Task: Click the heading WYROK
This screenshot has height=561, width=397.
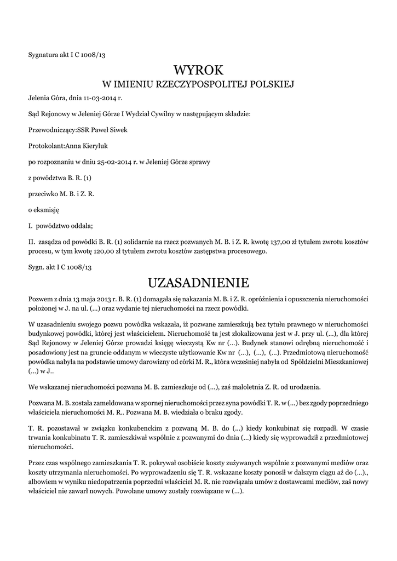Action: [199, 70]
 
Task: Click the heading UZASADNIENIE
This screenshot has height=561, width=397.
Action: [199, 283]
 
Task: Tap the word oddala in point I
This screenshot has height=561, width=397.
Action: [80, 225]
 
